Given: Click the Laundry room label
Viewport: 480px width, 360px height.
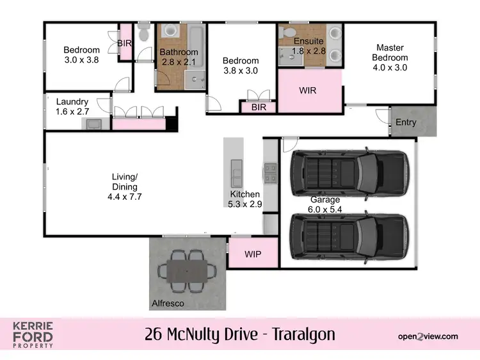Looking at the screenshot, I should tap(72, 101).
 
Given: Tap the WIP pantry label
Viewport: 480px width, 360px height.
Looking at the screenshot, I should tap(253, 254).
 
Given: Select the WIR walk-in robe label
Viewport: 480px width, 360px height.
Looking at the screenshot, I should tap(308, 90).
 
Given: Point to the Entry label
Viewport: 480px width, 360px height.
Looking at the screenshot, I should tap(406, 122).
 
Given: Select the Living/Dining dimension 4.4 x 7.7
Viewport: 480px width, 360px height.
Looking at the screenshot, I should tap(125, 197).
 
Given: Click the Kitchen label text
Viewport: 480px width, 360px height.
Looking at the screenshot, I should tap(245, 194).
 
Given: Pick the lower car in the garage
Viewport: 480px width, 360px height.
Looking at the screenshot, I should tap(349, 238).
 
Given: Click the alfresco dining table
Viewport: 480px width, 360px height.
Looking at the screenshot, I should tap(187, 271).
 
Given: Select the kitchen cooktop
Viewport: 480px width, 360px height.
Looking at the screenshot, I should tap(269, 172).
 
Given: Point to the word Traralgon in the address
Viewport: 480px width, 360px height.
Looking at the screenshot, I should tap(303, 334).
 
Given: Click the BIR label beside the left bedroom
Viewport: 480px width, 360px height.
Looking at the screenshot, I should tap(125, 43).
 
